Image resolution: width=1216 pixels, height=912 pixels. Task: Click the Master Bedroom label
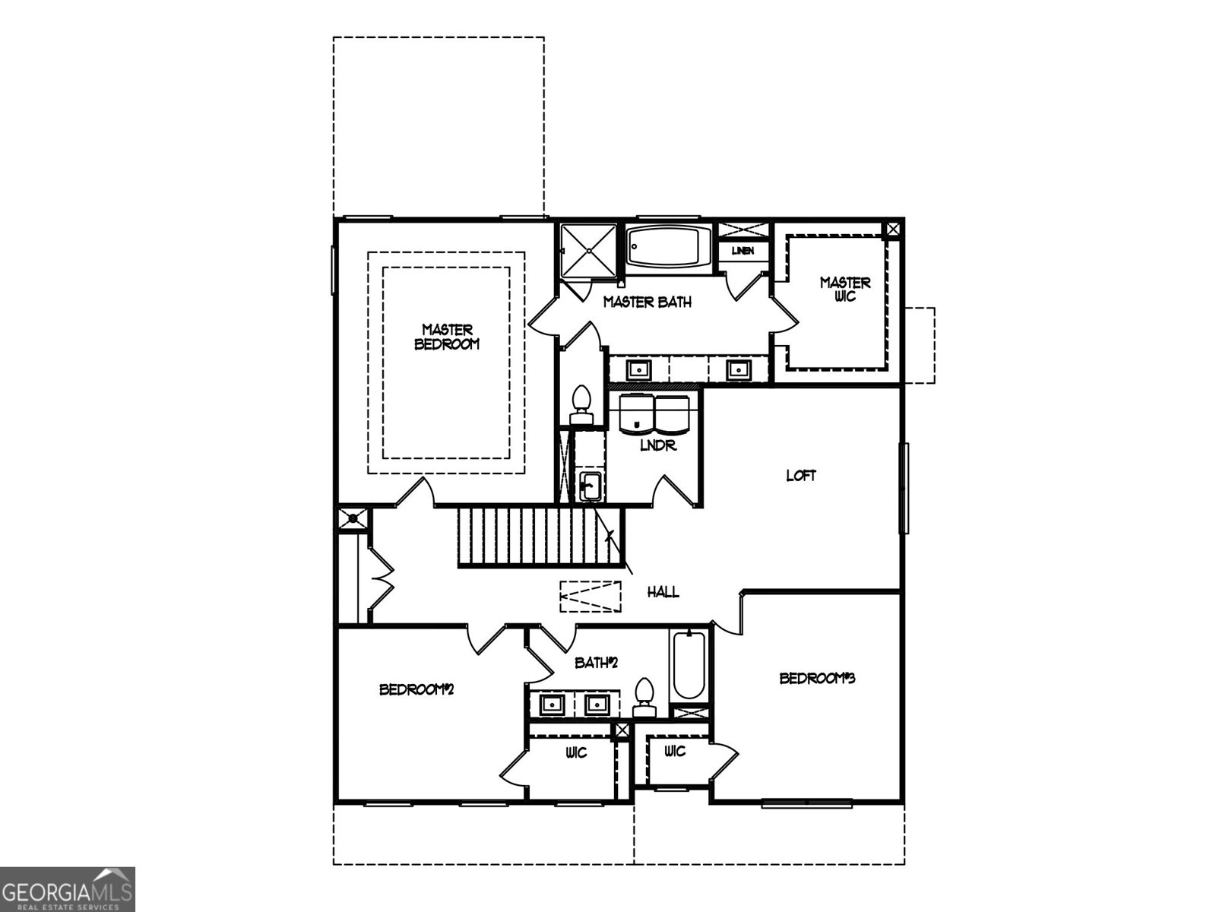click(447, 337)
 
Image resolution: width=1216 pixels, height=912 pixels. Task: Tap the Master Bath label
click(648, 302)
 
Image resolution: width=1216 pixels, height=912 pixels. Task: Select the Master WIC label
click(845, 290)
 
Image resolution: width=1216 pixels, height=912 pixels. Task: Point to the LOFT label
click(801, 477)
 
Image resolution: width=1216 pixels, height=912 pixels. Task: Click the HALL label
click(663, 593)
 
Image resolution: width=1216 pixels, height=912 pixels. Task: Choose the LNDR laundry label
click(657, 447)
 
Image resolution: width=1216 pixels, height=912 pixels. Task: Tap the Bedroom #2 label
click(416, 690)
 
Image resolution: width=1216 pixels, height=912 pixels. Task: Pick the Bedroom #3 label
click(817, 678)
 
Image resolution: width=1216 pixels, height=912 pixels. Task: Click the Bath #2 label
click(596, 663)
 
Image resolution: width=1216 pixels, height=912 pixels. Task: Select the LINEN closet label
click(743, 251)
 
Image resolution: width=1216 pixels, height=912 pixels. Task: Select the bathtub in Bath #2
click(689, 666)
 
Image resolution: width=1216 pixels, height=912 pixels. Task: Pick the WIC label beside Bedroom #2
click(576, 752)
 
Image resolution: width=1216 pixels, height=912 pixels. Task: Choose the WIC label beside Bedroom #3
click(674, 752)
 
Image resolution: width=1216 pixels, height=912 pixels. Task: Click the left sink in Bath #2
click(552, 705)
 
